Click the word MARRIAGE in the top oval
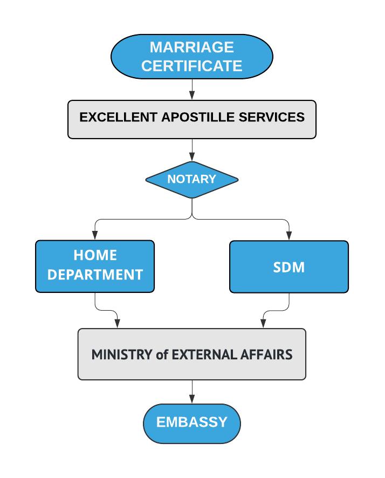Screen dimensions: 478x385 [x=191, y=47]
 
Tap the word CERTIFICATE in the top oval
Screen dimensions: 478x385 [x=191, y=66]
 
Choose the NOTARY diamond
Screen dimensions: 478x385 [x=191, y=179]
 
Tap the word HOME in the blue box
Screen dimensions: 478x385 [x=95, y=255]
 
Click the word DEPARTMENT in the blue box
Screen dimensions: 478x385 [x=95, y=275]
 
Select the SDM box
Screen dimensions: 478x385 [x=289, y=267]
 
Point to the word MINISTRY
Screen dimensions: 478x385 [x=122, y=354]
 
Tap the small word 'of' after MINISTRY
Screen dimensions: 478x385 [x=162, y=355]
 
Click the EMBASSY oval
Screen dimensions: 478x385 [x=191, y=423]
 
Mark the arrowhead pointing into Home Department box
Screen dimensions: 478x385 [x=95, y=236]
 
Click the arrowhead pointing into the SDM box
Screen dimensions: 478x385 [x=289, y=236]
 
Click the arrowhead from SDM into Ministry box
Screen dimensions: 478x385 [x=263, y=323]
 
